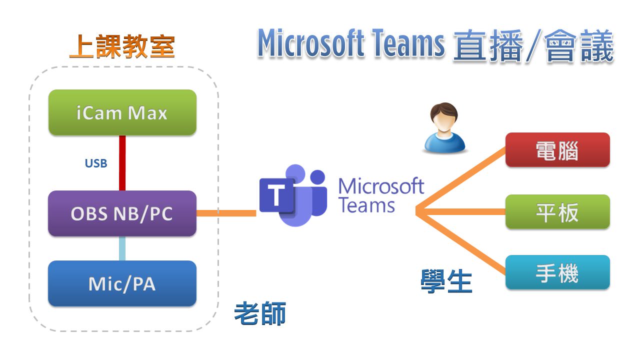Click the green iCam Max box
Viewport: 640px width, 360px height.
pyautogui.click(x=122, y=112)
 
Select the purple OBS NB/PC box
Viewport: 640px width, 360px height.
pyautogui.click(x=122, y=213)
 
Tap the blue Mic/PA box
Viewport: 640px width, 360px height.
pyautogui.click(x=122, y=283)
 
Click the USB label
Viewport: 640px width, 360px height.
pyautogui.click(x=95, y=163)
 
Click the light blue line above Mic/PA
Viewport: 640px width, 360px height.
pyautogui.click(x=122, y=248)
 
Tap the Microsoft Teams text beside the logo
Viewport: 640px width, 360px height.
pyautogui.click(x=381, y=195)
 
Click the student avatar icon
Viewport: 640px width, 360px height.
pyautogui.click(x=444, y=127)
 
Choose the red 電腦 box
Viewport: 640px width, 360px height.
pyautogui.click(x=557, y=149)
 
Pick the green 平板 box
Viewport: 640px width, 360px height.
pyautogui.click(x=557, y=212)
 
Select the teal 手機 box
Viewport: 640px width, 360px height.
pyautogui.click(x=557, y=272)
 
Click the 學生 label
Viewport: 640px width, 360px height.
pyautogui.click(x=446, y=281)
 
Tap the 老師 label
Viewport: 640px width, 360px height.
pyautogui.click(x=260, y=314)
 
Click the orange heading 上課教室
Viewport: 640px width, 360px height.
pyautogui.click(x=121, y=46)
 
